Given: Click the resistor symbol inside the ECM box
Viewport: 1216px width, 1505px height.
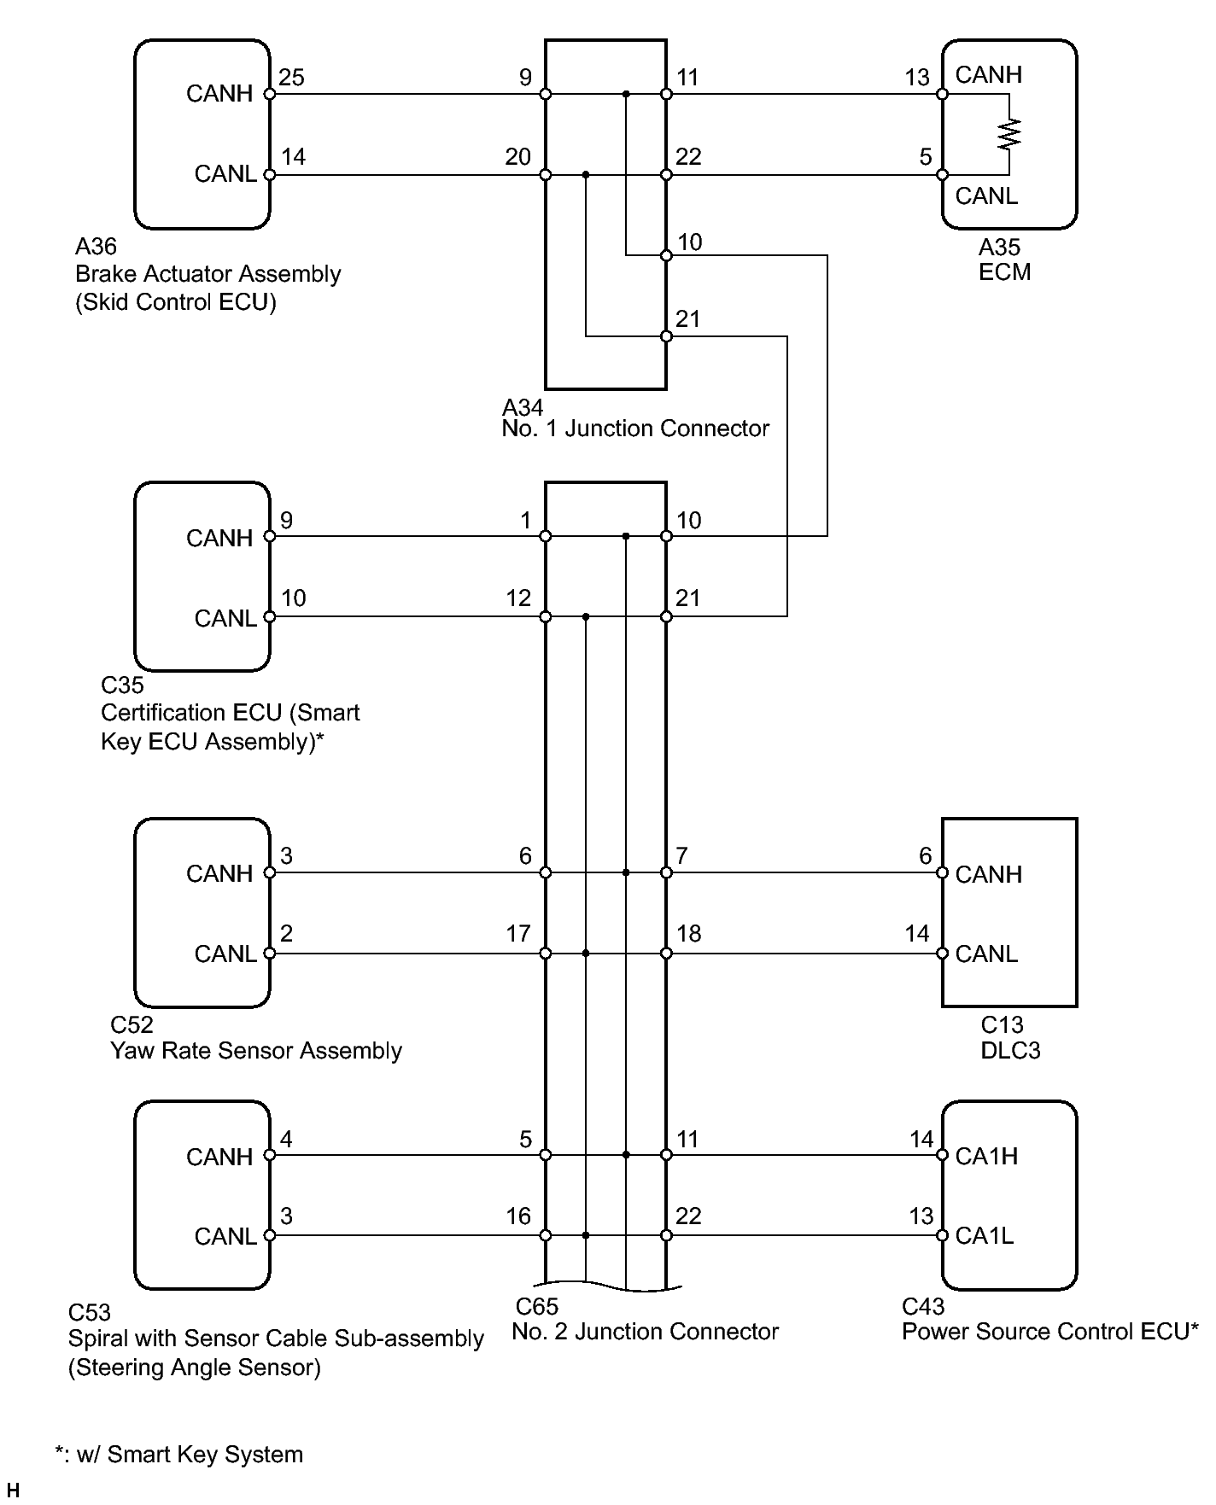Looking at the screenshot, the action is (1009, 134).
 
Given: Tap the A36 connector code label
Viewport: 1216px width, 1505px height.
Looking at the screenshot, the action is (96, 247).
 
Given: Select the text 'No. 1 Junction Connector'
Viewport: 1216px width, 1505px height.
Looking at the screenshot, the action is (635, 429).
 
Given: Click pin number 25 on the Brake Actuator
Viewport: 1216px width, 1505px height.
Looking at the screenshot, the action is (291, 78).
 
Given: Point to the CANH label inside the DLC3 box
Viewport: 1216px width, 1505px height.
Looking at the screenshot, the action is (988, 874).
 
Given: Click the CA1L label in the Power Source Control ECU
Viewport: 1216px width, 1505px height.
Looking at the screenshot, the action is (984, 1236).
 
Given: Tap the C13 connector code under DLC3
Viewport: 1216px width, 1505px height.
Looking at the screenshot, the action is (1002, 1024).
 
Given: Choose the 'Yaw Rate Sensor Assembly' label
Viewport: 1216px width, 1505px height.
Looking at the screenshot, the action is (256, 1051).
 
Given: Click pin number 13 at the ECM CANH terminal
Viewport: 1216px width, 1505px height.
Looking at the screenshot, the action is (917, 78).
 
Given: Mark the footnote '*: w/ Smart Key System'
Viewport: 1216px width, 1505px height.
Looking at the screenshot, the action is (179, 1455).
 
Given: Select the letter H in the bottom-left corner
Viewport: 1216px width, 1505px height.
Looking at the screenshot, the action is (12, 1490).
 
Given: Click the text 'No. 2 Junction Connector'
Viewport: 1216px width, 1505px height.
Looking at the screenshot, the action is (646, 1332).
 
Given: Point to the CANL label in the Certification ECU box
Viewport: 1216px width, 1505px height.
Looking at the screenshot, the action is (225, 618).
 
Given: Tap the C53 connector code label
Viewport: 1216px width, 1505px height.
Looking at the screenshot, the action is (90, 1312).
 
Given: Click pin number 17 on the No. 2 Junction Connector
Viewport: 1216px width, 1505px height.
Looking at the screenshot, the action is (518, 933).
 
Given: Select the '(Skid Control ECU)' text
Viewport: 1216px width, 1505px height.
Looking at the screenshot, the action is (176, 302).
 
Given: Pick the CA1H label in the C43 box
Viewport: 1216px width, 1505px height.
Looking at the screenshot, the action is (986, 1156).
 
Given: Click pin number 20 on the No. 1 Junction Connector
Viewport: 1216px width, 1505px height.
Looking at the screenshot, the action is (518, 157).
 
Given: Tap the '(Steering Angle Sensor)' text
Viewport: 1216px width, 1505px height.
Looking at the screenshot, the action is (195, 1368).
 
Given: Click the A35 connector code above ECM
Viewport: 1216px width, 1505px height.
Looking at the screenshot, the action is (999, 248).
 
